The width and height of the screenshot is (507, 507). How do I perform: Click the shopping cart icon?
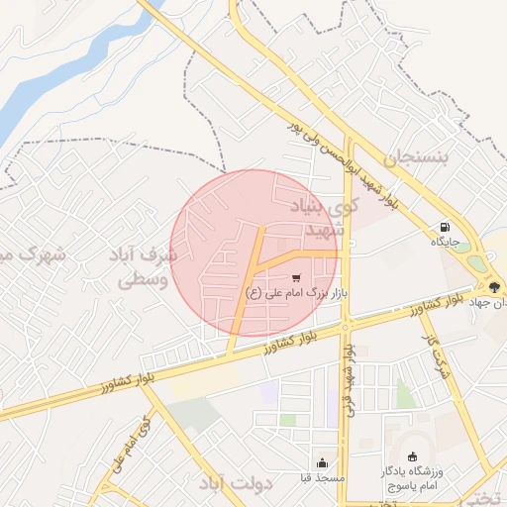(296, 277)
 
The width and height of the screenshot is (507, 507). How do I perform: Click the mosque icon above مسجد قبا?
(321, 462)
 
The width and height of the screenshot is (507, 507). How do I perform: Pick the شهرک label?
(35, 254)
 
